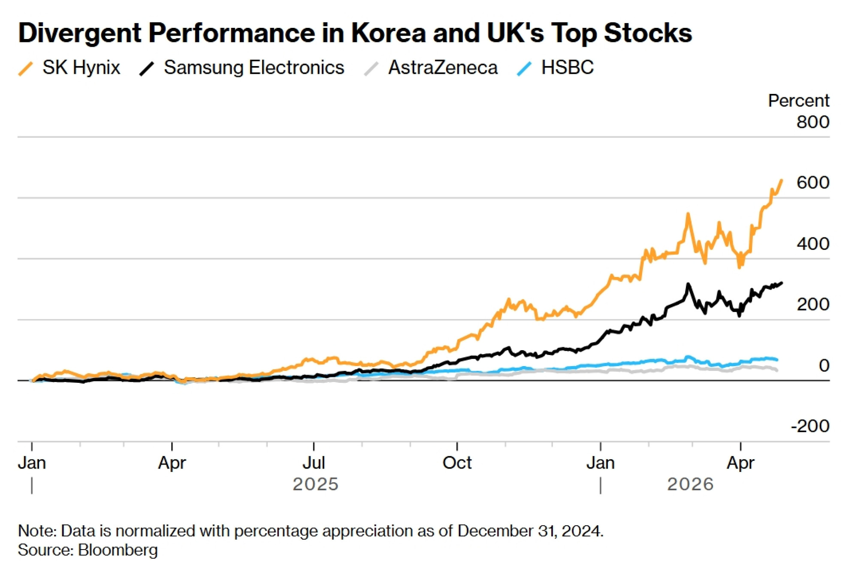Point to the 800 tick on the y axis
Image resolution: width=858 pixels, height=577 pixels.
coord(813,122)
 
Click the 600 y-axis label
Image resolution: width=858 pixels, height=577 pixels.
coord(813,183)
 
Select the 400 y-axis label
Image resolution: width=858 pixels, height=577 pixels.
coord(813,244)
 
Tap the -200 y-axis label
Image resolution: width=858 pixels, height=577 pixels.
coord(810,426)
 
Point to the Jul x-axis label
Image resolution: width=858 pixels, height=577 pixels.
coord(314,463)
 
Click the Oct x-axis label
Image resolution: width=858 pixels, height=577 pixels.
coord(457,463)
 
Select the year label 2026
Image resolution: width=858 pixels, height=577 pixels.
coord(690,484)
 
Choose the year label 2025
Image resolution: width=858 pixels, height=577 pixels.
coord(315,484)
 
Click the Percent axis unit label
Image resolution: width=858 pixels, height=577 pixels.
coord(798,101)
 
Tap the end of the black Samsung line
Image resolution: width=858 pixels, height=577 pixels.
coord(782,283)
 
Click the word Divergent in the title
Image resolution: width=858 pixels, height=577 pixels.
coord(80,33)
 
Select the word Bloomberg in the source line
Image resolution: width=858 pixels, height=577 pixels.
coord(118,550)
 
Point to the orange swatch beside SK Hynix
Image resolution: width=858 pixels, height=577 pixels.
coord(26,69)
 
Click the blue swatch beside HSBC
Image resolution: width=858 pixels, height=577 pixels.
coord(524,69)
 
